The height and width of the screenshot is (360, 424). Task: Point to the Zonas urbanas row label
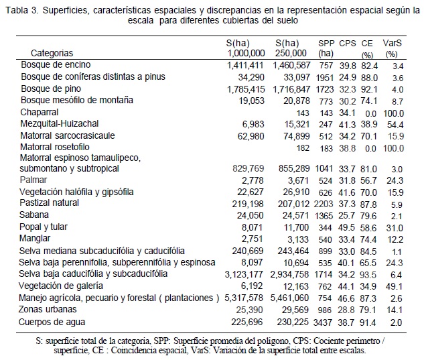(48, 310)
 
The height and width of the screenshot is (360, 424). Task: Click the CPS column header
(348, 42)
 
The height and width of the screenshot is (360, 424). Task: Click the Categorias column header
(52, 52)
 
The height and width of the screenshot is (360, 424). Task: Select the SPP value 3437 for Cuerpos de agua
(325, 322)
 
